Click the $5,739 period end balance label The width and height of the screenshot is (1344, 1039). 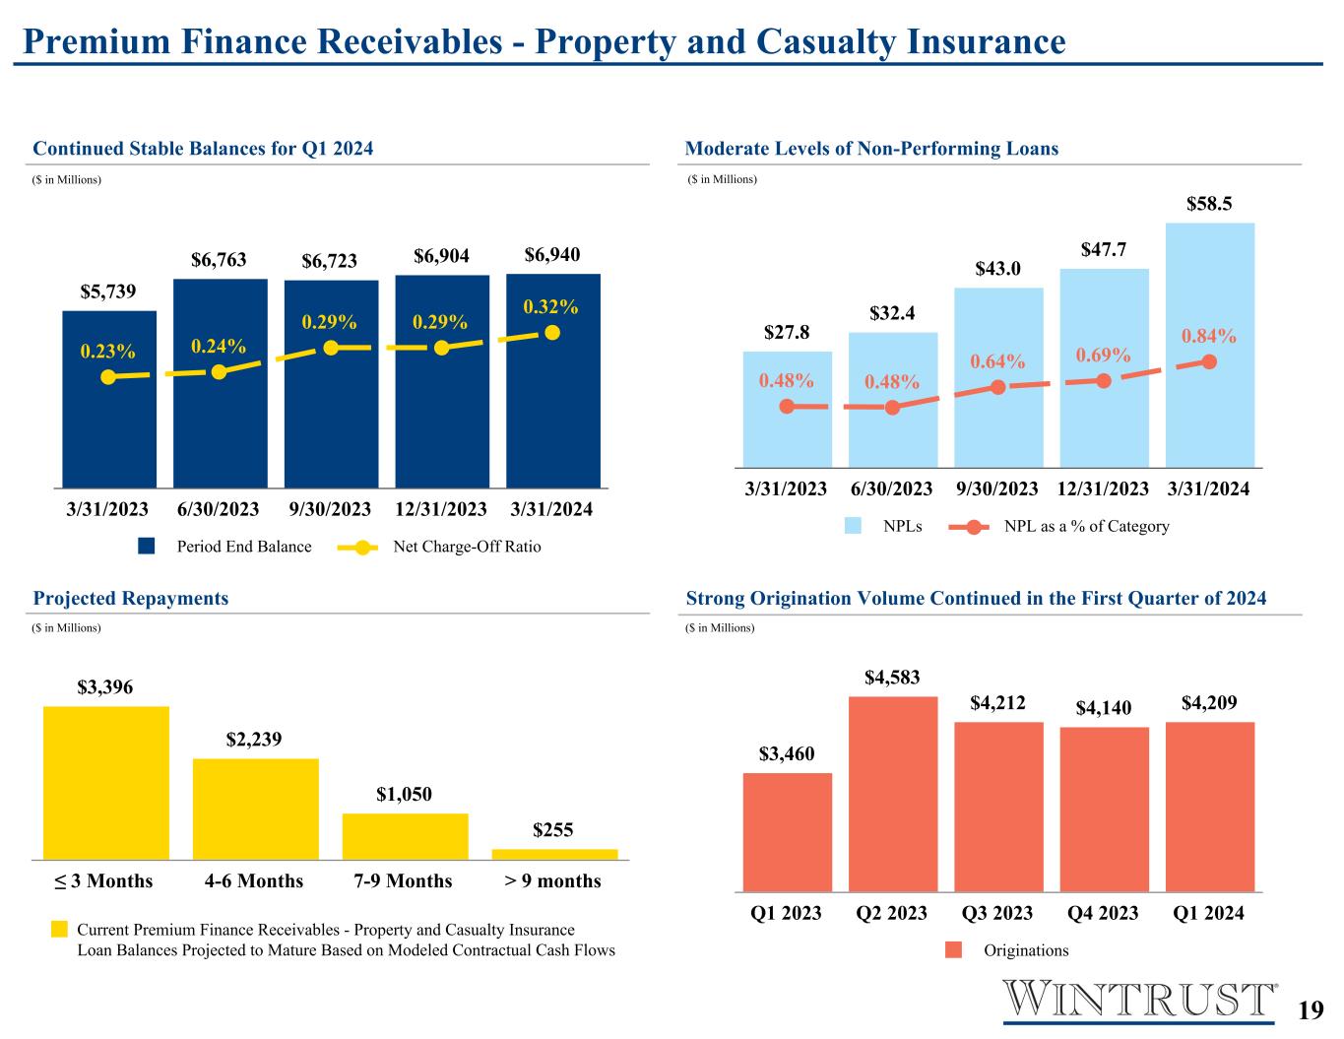click(x=108, y=292)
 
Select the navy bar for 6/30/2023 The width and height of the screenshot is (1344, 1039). click(x=221, y=383)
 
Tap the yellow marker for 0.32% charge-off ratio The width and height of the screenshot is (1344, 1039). click(x=552, y=333)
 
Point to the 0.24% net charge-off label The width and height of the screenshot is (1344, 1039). click(x=219, y=346)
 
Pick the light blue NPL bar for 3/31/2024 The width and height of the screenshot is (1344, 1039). click(x=1210, y=345)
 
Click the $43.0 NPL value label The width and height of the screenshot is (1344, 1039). click(x=997, y=269)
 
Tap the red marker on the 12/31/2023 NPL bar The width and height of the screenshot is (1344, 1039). click(x=1104, y=380)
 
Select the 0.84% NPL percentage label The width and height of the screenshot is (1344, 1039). click(x=1208, y=336)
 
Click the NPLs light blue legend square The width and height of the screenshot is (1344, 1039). click(x=853, y=526)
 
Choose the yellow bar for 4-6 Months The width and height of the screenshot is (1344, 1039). click(x=256, y=809)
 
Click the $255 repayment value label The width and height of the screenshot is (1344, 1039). click(x=553, y=829)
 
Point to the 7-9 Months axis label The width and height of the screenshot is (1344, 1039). click(x=403, y=880)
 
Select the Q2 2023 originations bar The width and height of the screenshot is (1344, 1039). click(x=893, y=794)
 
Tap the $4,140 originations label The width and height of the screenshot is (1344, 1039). click(x=1104, y=707)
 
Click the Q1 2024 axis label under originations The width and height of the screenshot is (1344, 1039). click(x=1208, y=913)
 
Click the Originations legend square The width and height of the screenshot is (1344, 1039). click(x=954, y=950)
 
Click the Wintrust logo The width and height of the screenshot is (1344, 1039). click(x=1139, y=1001)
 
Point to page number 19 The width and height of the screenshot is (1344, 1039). click(x=1311, y=1010)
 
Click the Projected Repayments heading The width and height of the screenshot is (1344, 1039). click(x=131, y=598)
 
